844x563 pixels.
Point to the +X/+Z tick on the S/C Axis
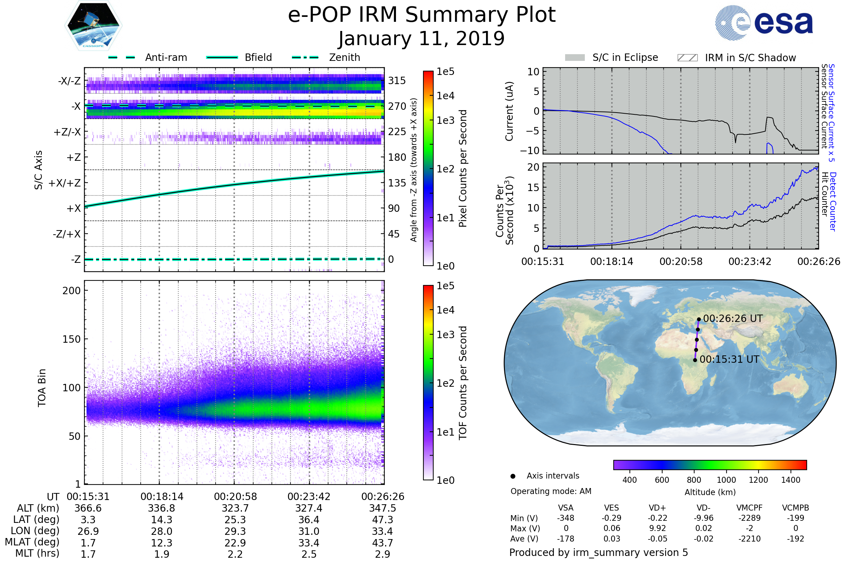click(65, 183)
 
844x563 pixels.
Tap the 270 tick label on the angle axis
click(397, 106)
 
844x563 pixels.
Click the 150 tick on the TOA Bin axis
click(71, 339)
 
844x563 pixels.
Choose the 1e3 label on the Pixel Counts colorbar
click(445, 120)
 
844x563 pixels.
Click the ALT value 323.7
click(235, 508)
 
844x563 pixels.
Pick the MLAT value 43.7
click(383, 543)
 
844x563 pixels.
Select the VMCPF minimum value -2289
click(749, 518)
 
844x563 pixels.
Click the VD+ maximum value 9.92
click(657, 529)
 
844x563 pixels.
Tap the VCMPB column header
click(795, 508)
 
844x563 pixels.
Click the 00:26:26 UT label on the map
click(733, 318)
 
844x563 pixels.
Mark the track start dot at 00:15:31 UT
click(695, 360)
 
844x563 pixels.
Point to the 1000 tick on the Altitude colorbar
click(726, 480)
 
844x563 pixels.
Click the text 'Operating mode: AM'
click(551, 491)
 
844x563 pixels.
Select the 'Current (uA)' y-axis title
click(510, 111)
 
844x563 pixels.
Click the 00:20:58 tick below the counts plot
click(681, 261)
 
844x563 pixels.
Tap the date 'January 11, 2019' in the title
click(422, 39)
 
